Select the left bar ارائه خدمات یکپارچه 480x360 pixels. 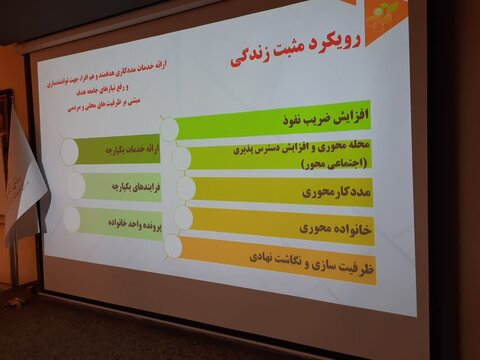115,150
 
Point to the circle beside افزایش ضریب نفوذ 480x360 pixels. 170,128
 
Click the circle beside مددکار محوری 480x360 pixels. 182,188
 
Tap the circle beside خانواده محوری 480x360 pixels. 183,217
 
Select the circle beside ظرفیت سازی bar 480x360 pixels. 174,245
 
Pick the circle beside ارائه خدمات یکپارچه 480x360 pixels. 70,150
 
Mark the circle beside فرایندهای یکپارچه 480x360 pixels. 72,185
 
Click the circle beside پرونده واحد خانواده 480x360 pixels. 73,217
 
